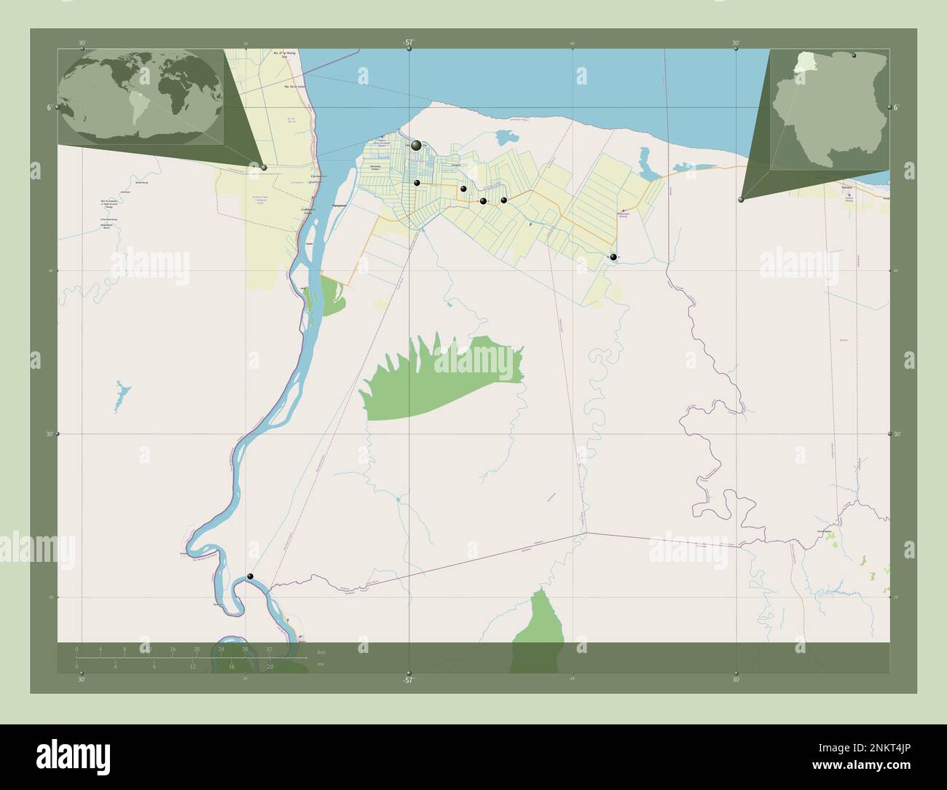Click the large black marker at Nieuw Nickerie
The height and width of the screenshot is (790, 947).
click(416, 146)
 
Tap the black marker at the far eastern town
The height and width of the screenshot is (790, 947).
click(613, 257)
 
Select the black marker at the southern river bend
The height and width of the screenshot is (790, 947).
click(251, 576)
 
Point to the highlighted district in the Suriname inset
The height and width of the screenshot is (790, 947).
click(803, 62)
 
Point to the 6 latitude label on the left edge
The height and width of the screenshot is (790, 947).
click(48, 107)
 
